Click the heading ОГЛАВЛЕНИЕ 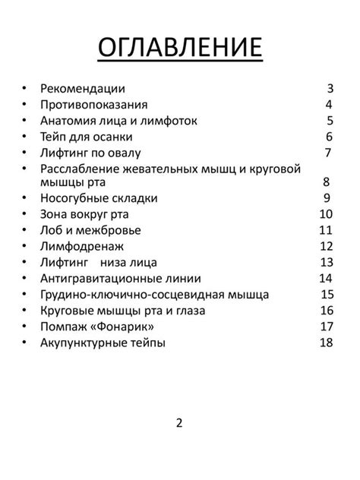[x=180, y=47]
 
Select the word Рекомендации [x=82, y=89]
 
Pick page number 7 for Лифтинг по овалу [x=328, y=153]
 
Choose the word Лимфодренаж [x=81, y=246]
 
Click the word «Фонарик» [x=129, y=327]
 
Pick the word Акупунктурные [x=84, y=343]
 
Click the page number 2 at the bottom [x=179, y=423]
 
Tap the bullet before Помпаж [x=25, y=327]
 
